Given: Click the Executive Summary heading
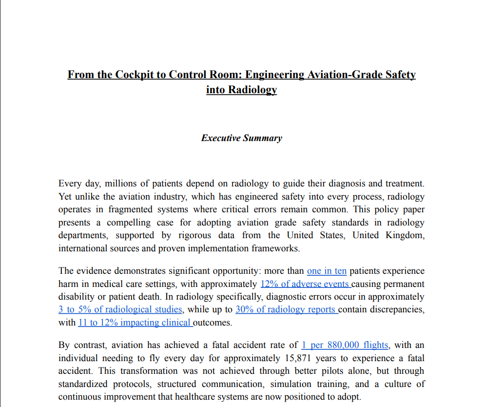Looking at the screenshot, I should click(241, 138).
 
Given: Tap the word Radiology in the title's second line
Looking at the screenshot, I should click(252, 90).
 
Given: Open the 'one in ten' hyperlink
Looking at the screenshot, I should click(327, 271).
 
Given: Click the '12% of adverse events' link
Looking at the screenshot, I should click(305, 284).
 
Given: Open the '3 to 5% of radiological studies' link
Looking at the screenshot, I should click(120, 309).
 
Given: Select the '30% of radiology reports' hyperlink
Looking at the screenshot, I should click(286, 309).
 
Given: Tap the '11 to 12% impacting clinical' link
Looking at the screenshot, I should click(135, 323).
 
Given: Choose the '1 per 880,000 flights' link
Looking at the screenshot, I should click(345, 345).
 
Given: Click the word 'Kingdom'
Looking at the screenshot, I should click(404, 235).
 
